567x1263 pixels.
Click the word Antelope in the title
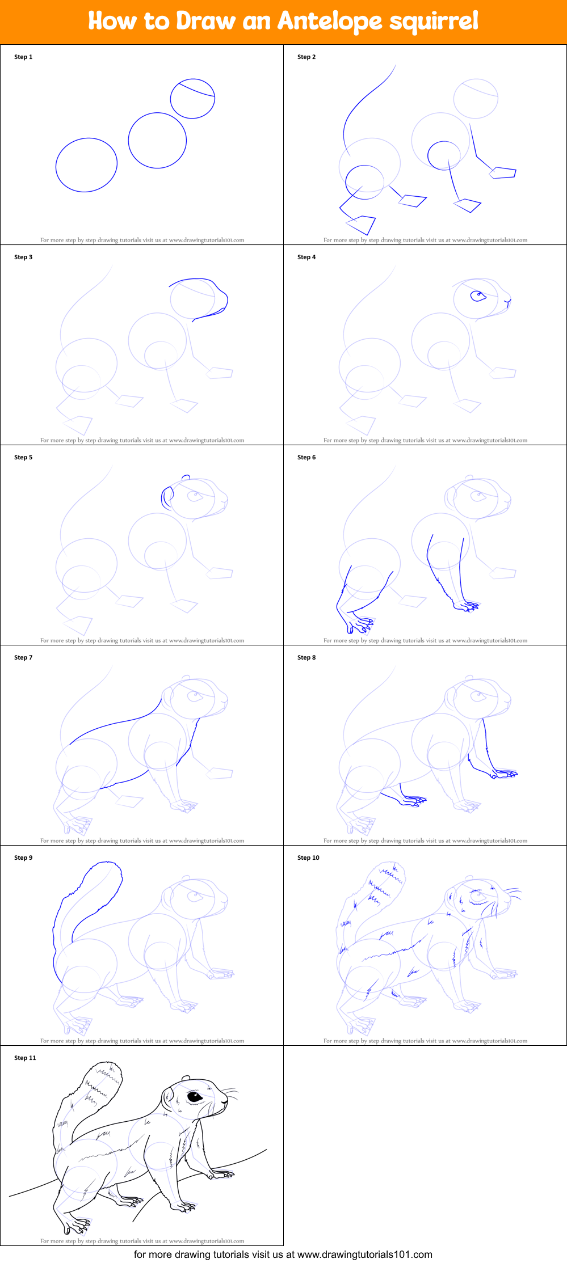[x=329, y=22]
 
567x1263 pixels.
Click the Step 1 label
[x=23, y=57]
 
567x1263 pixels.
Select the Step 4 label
[x=306, y=257]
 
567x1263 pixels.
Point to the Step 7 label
[x=23, y=657]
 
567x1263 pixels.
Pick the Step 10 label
[x=308, y=858]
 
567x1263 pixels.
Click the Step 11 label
[x=25, y=1058]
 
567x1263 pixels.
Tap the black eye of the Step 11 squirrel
[x=195, y=1096]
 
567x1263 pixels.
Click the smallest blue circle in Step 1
[x=192, y=99]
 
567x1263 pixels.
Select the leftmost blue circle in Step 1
[x=86, y=165]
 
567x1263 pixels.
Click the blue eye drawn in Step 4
[x=478, y=295]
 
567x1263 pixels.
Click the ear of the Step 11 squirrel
[x=169, y=1097]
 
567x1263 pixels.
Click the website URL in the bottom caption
[x=364, y=1254]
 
